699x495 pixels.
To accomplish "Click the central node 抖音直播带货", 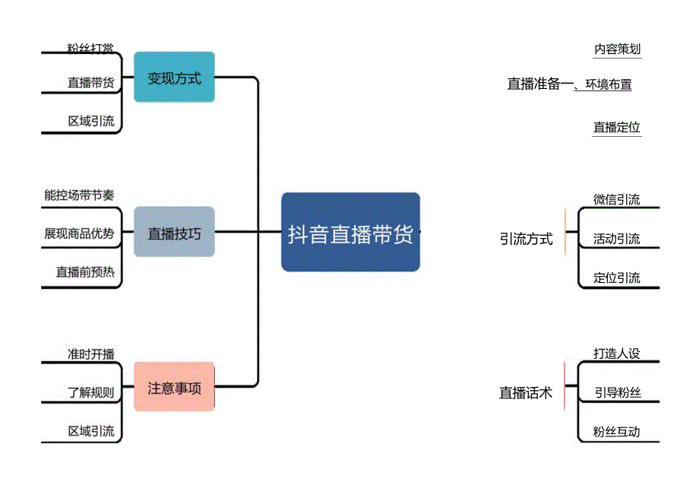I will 350,233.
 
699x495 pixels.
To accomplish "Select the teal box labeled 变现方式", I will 174,78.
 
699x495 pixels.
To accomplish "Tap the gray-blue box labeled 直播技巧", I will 174,233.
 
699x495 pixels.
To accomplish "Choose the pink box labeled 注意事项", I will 174,388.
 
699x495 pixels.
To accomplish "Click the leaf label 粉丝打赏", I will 90,49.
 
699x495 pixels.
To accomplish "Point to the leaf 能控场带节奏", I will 79,195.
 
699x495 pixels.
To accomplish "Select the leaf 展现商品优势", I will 79,233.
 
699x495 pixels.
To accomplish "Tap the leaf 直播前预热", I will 84,271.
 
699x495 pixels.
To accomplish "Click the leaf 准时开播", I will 90,354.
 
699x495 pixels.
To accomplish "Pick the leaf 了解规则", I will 90,392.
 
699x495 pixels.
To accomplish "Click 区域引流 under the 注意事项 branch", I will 90,431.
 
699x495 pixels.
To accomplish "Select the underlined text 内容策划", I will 617,49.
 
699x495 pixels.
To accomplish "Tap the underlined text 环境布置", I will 609,84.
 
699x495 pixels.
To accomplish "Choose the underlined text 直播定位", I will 617,128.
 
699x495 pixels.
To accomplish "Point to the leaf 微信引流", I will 617,200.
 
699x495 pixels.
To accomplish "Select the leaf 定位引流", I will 617,278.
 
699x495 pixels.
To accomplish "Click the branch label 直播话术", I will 526,393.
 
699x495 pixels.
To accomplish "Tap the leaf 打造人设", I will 617,354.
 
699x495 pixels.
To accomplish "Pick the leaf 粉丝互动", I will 617,432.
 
